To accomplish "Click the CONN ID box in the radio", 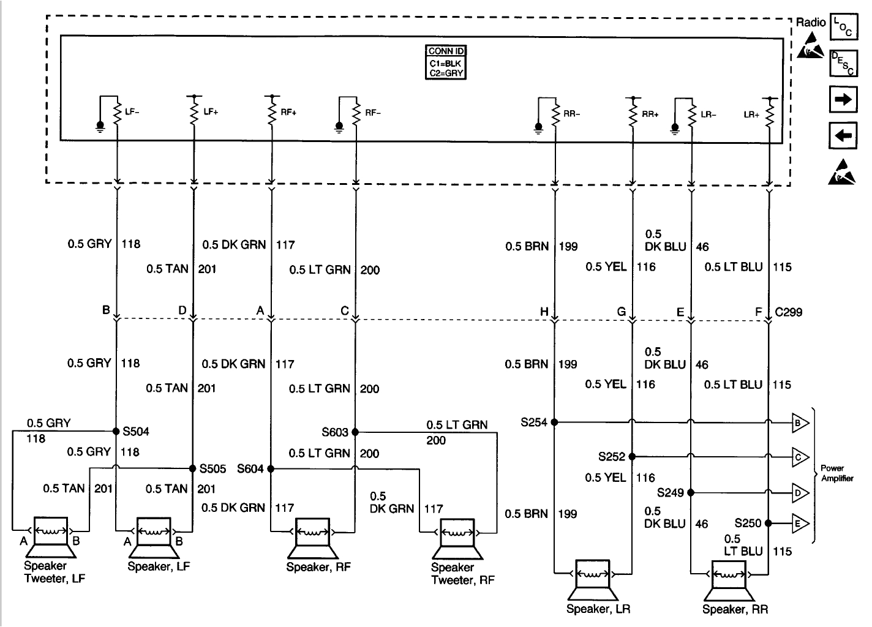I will click(445, 62).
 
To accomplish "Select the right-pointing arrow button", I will click(843, 99).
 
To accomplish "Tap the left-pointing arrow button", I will click(843, 135).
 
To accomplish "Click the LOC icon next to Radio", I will click(843, 28).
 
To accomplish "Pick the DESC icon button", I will click(843, 63).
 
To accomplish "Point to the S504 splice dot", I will click(116, 431).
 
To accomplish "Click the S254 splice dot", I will click(554, 422).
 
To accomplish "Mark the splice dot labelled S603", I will click(355, 432).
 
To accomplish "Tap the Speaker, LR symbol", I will click(592, 579).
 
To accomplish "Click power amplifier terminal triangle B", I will click(800, 422).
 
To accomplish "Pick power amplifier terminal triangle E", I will click(800, 524).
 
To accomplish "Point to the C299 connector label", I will click(788, 312).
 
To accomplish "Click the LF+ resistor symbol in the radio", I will click(194, 112).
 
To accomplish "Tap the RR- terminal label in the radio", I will click(571, 113).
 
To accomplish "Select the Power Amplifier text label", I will click(836, 473).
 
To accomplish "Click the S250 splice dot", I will click(768, 524).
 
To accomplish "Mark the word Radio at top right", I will click(811, 23).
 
